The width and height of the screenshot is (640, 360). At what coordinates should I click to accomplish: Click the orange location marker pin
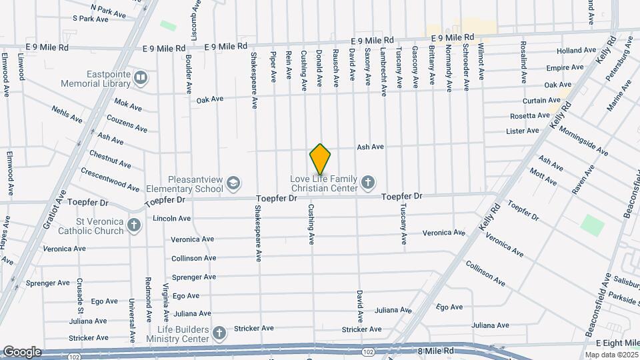(321, 159)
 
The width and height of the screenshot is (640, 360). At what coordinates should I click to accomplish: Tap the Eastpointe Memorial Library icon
(140, 78)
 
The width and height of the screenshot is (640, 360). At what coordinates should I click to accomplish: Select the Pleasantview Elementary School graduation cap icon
(233, 183)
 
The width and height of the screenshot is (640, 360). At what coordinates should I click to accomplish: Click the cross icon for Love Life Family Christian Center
(367, 182)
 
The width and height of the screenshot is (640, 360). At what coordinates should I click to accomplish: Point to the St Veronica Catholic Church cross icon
(134, 225)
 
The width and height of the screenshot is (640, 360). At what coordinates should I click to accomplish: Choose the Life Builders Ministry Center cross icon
(219, 332)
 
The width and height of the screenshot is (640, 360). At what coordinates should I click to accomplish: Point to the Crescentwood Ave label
(110, 179)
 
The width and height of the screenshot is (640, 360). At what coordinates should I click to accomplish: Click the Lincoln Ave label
(171, 218)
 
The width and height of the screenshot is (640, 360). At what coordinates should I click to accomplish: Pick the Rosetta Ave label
(529, 115)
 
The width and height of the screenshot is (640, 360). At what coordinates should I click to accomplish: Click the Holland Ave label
(576, 51)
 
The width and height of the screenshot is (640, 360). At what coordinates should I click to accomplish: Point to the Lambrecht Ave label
(383, 71)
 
